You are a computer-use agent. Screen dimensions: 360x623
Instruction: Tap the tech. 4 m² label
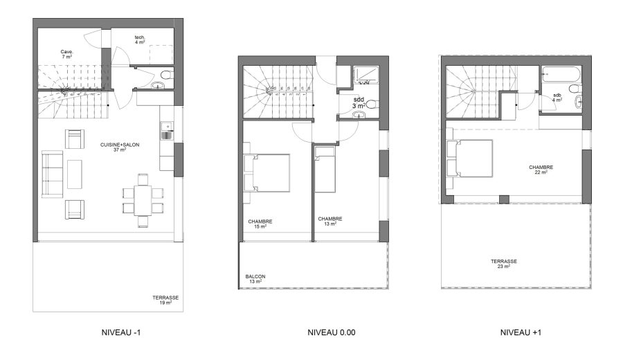pos(139,39)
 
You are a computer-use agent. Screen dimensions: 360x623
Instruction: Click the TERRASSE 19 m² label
pos(166,300)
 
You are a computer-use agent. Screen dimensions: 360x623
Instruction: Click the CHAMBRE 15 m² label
pos(260,223)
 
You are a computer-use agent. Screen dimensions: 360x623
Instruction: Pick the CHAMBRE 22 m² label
pos(541,170)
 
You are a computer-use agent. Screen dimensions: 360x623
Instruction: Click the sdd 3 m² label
pos(359,102)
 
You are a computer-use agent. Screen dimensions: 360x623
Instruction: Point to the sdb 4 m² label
pos(557,98)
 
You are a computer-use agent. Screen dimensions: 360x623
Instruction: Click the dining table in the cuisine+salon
pos(144,199)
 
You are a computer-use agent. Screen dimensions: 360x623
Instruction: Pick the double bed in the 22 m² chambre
pos(470,159)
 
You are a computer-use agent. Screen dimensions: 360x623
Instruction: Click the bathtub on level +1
pos(559,72)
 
